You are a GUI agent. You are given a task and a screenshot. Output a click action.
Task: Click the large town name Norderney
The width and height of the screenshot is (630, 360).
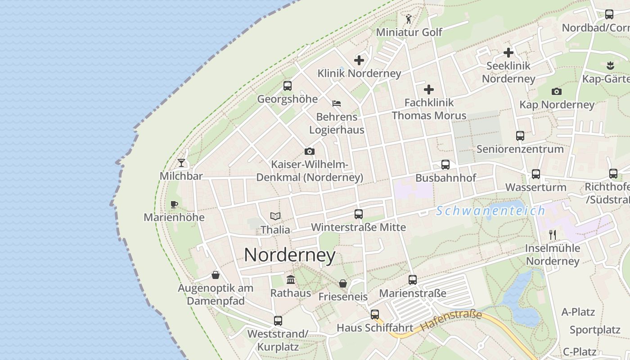pos(290,255)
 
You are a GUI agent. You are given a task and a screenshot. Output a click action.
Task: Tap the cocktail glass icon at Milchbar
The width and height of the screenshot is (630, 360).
pos(181,162)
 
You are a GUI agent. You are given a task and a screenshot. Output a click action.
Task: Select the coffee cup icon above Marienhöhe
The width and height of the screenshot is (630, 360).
pos(174,204)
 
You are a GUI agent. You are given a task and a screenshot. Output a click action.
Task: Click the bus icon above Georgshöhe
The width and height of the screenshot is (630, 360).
pos(288,85)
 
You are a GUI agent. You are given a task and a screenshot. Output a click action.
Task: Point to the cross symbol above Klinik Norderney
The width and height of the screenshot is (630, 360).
pos(359,60)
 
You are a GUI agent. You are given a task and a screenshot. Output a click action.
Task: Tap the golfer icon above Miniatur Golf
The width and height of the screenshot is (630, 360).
pos(409,19)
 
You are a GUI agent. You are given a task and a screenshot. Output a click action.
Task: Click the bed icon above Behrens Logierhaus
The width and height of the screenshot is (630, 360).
pos(337,103)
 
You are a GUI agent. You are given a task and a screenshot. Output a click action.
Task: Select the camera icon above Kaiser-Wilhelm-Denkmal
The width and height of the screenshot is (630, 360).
pos(310,151)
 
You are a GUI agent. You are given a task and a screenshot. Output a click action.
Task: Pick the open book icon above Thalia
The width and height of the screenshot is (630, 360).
pos(275,216)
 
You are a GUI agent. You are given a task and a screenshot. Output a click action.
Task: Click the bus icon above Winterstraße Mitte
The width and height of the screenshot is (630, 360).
pos(359,214)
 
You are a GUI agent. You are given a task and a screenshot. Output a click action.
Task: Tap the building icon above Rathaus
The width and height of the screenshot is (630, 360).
pos(291,279)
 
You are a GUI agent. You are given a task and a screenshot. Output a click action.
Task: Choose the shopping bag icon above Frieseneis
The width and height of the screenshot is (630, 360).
pos(343,283)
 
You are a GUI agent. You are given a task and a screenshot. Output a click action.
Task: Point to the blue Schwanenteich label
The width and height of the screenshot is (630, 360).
pos(490,211)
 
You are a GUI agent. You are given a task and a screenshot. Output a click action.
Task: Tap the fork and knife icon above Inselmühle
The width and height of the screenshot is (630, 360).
pos(553,234)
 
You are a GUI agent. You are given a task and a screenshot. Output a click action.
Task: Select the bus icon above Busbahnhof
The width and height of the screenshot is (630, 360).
pos(445,165)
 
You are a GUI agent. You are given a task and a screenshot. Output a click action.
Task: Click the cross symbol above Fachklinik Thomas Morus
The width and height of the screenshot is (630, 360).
pos(429,89)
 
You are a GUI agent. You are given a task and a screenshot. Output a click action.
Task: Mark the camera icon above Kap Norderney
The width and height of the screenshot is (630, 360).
pos(557,91)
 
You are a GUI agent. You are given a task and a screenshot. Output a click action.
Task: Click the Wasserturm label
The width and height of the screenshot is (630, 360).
pos(535,187)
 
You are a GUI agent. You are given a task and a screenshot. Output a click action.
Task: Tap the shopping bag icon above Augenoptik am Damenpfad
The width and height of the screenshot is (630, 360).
pos(216,274)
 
